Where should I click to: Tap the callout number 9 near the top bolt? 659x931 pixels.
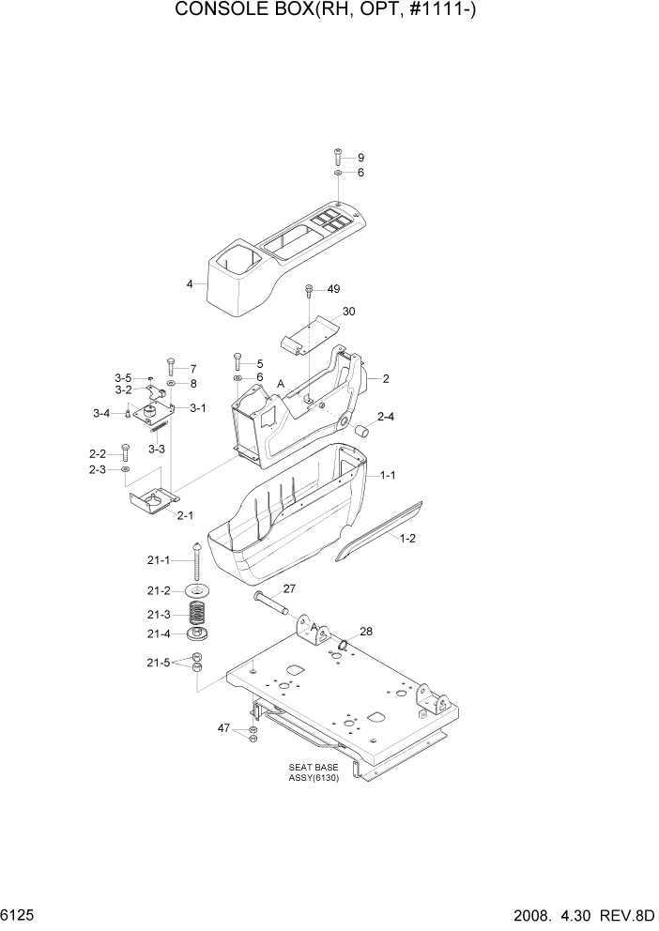[x=360, y=157]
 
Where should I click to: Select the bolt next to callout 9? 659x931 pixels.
[x=338, y=157]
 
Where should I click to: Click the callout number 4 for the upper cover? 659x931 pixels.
[x=190, y=283]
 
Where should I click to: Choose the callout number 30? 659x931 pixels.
[x=348, y=311]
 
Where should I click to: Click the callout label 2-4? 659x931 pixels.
[x=386, y=416]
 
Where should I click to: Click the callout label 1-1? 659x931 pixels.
[x=386, y=476]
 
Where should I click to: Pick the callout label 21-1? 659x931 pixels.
[x=159, y=560]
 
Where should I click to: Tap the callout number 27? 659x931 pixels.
[x=289, y=589]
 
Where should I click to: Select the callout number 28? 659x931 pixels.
[x=366, y=632]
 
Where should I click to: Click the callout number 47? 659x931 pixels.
[x=224, y=727]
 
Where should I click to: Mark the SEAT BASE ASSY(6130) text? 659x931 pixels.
[x=314, y=771]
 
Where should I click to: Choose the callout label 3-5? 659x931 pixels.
[x=124, y=377]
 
